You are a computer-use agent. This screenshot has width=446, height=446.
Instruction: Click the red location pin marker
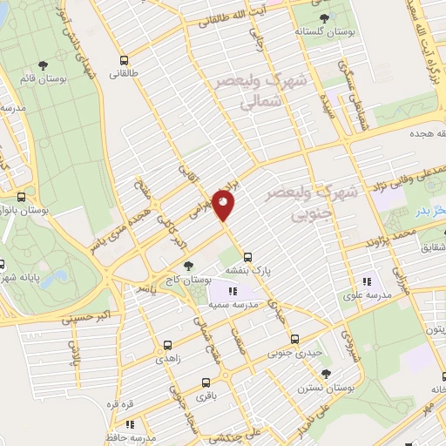pyautogui.click(x=224, y=204)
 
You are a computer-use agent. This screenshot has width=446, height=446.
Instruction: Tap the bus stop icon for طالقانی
pyautogui.click(x=125, y=62)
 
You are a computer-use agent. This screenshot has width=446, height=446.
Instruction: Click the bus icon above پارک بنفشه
pyautogui.click(x=248, y=256)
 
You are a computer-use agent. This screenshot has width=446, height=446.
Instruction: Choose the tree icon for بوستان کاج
pyautogui.click(x=189, y=263)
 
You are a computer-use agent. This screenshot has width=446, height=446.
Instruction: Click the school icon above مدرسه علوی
pyautogui.click(x=367, y=280)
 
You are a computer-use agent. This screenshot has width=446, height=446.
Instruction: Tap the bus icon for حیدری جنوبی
pyautogui.click(x=294, y=339)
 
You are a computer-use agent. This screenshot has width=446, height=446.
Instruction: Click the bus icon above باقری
pyautogui.click(x=206, y=382)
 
